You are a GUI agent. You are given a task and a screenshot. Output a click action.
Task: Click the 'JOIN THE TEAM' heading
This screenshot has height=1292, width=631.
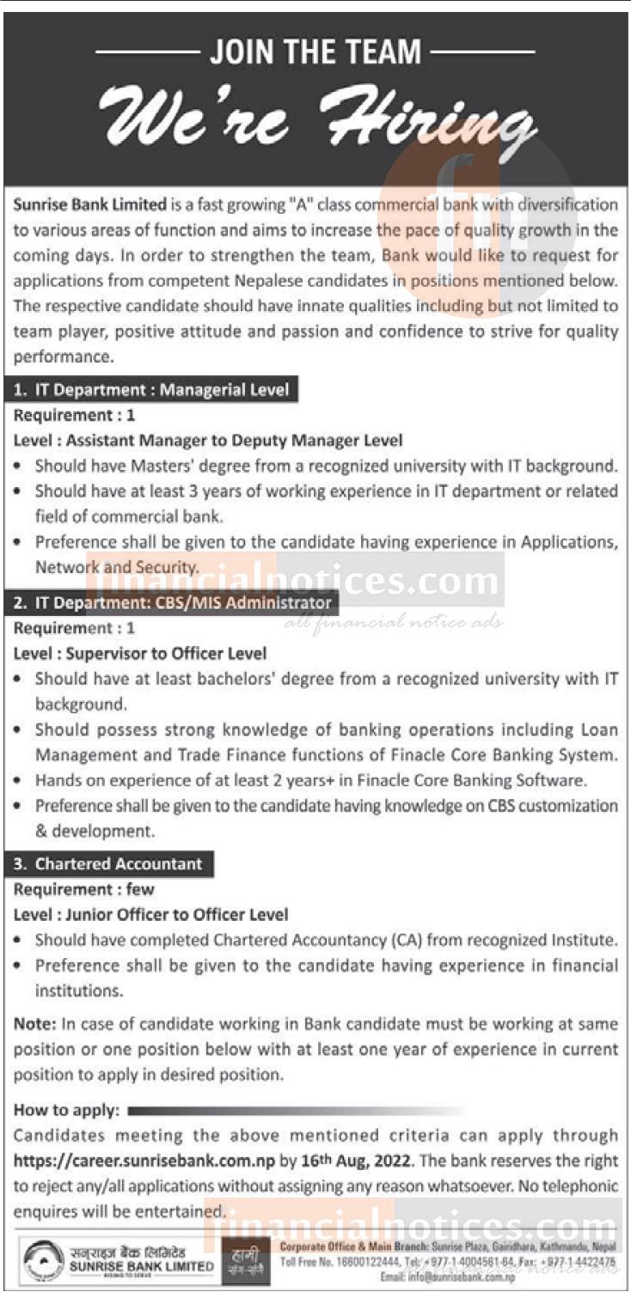pos(315,52)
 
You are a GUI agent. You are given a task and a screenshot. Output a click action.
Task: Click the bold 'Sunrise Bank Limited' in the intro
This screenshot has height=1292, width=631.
pos(90,204)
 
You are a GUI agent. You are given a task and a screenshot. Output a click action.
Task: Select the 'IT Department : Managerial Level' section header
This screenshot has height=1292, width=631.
pos(152,390)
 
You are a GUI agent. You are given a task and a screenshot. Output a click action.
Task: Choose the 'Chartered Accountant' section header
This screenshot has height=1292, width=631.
pos(108,864)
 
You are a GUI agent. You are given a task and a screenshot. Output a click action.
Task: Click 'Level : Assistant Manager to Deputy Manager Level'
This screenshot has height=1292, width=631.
pos(208,441)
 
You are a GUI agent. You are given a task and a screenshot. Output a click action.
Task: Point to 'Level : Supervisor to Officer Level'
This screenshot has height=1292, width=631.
pos(140,654)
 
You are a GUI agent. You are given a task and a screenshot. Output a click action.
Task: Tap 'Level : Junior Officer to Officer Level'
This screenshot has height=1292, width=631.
pos(151,915)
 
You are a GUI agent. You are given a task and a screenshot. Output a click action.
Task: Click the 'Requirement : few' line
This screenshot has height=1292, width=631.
pos(84,890)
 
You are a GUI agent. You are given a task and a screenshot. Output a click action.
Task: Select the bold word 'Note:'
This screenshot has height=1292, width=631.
pos(34,1024)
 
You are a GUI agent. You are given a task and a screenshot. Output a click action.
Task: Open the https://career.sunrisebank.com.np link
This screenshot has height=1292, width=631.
pos(151,1161)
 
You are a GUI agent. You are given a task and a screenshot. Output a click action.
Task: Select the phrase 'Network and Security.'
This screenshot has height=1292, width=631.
pos(117,568)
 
